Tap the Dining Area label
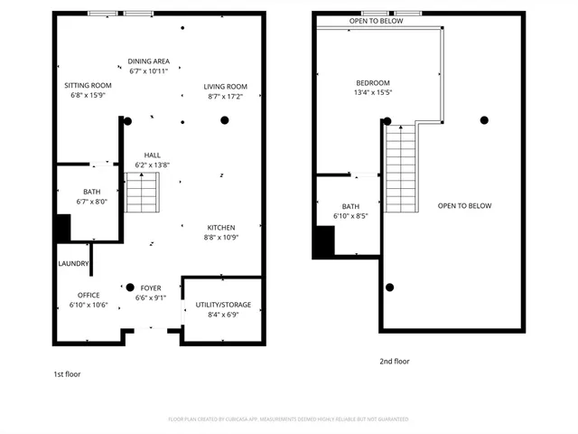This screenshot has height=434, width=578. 149,61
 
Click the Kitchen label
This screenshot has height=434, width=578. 221,227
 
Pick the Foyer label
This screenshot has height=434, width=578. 150,288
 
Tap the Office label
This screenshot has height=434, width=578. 89,296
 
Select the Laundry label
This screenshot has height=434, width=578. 73,264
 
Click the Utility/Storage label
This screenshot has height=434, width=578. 223,305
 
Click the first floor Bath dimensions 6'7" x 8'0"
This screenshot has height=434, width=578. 91,202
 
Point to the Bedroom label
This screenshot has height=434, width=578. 372,83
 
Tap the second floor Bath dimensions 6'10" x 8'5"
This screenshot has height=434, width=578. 351,216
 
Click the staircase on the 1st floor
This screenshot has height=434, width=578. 141,193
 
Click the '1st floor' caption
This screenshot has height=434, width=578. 67,373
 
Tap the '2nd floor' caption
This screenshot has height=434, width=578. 395,362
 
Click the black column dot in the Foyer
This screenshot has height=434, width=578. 130,288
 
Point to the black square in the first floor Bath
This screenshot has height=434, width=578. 62,228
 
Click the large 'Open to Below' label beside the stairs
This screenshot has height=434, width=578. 464,206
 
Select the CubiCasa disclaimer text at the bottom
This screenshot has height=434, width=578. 288,420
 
